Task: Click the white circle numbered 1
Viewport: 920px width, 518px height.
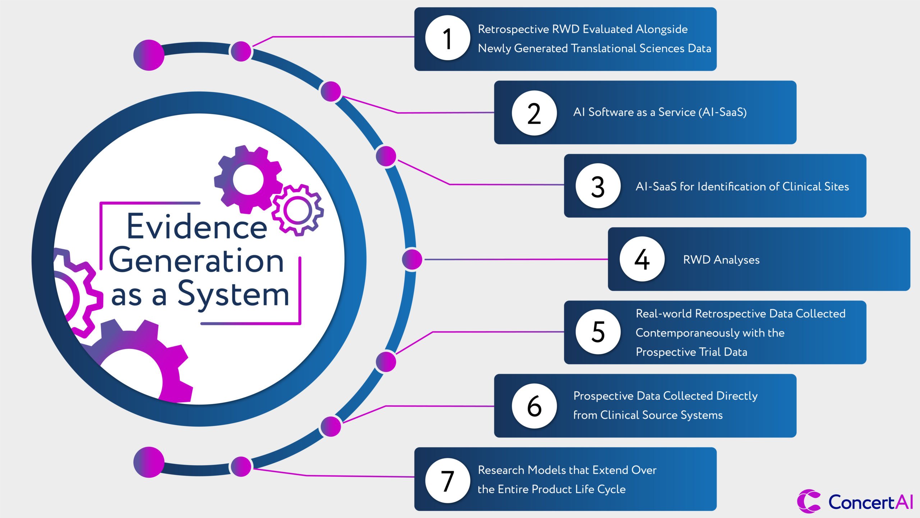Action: (447, 38)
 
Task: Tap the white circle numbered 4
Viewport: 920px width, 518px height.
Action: (642, 259)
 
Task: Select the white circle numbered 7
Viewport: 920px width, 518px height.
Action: (447, 480)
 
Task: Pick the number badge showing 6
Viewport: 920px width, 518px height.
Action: (534, 406)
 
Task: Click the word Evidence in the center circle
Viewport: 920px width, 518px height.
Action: (197, 227)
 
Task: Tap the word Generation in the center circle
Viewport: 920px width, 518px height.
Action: (196, 261)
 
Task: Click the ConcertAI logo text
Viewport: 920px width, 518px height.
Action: (870, 502)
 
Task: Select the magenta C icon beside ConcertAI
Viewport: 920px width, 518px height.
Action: (808, 501)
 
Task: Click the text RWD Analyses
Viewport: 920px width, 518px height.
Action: (721, 260)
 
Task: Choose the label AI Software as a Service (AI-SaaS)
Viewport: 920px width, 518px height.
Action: (660, 112)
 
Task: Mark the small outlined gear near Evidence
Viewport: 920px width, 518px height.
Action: (298, 210)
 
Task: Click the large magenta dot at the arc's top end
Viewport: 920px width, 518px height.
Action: (149, 55)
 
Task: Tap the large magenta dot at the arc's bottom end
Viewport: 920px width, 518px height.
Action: (149, 462)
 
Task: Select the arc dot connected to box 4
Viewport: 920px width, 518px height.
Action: (412, 259)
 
